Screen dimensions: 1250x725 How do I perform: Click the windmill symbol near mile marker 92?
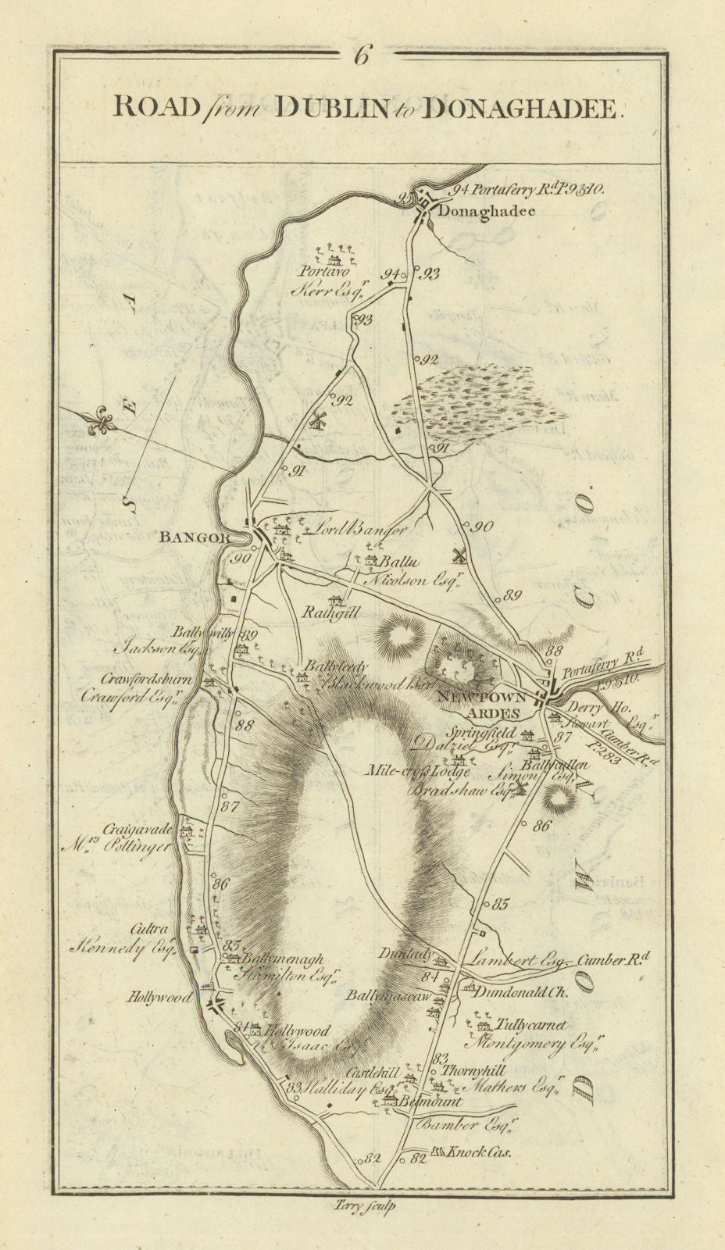(318, 420)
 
